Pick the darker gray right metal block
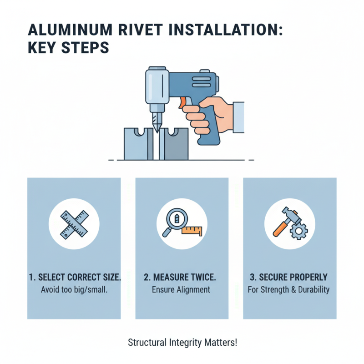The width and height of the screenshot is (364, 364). click(177, 145)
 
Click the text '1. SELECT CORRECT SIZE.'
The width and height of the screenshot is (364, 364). click(74, 278)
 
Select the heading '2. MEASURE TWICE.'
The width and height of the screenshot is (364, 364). click(182, 278)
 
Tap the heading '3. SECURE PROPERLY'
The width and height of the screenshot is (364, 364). click(289, 278)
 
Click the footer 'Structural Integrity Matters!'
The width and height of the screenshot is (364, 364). click(182, 342)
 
